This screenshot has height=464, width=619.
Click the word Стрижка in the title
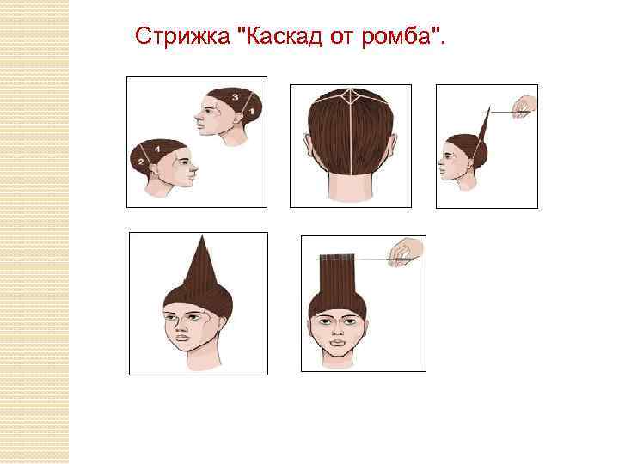(182, 36)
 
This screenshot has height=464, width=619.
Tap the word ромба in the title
(396, 37)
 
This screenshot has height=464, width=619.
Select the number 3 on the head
(235, 96)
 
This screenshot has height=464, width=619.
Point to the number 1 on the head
(251, 112)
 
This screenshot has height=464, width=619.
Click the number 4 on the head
(157, 150)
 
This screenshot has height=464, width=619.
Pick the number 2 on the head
(140, 162)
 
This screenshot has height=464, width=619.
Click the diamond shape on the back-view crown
(350, 97)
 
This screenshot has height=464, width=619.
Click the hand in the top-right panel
(525, 106)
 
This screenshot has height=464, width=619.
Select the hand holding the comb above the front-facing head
(406, 252)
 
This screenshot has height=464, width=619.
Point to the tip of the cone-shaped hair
(203, 235)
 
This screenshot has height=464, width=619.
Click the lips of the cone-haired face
(182, 339)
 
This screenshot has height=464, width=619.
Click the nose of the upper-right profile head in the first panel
(197, 116)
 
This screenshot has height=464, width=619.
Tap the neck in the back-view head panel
(351, 187)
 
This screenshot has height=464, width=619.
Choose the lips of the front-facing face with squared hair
(338, 342)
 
